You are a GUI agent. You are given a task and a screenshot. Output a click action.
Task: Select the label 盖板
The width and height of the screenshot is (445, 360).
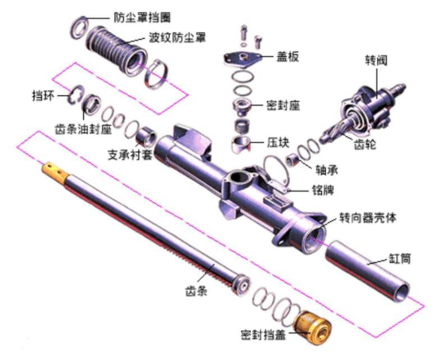(287, 56)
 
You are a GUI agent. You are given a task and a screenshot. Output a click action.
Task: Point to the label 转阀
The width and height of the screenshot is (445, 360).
(376, 60)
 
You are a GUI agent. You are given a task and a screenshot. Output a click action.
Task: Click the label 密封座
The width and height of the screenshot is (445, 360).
(283, 106)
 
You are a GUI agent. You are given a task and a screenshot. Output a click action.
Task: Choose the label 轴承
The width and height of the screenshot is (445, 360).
(326, 168)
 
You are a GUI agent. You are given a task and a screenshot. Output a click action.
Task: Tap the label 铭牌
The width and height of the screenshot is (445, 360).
(323, 190)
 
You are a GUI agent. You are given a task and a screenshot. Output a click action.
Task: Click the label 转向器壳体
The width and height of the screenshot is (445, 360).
(368, 217)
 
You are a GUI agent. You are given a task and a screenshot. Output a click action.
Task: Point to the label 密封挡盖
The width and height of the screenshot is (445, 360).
(262, 332)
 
